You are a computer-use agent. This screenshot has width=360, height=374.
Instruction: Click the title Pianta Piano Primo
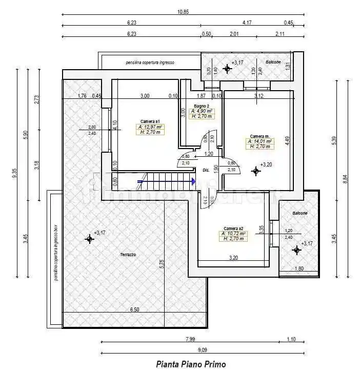pos(190,364)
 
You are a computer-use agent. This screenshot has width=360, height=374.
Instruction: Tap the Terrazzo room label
pos(128,254)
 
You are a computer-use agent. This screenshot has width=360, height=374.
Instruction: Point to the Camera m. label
pos(259,136)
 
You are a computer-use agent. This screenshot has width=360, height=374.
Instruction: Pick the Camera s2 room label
pos(233,228)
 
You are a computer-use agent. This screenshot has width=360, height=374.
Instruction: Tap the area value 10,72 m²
pos(233,234)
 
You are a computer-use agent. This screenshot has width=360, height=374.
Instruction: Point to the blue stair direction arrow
pos(193,181)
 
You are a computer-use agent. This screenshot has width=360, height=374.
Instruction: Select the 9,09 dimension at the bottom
pos(203,349)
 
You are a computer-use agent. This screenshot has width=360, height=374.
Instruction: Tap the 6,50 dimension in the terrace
pos(134,309)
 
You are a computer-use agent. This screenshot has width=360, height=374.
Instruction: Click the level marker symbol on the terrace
pos(90,238)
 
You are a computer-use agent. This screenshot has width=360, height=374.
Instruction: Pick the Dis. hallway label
pos(206,170)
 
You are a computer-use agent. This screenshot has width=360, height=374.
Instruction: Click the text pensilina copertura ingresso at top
pos(150,63)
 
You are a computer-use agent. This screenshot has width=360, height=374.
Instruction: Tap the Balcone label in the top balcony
pos(273,62)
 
